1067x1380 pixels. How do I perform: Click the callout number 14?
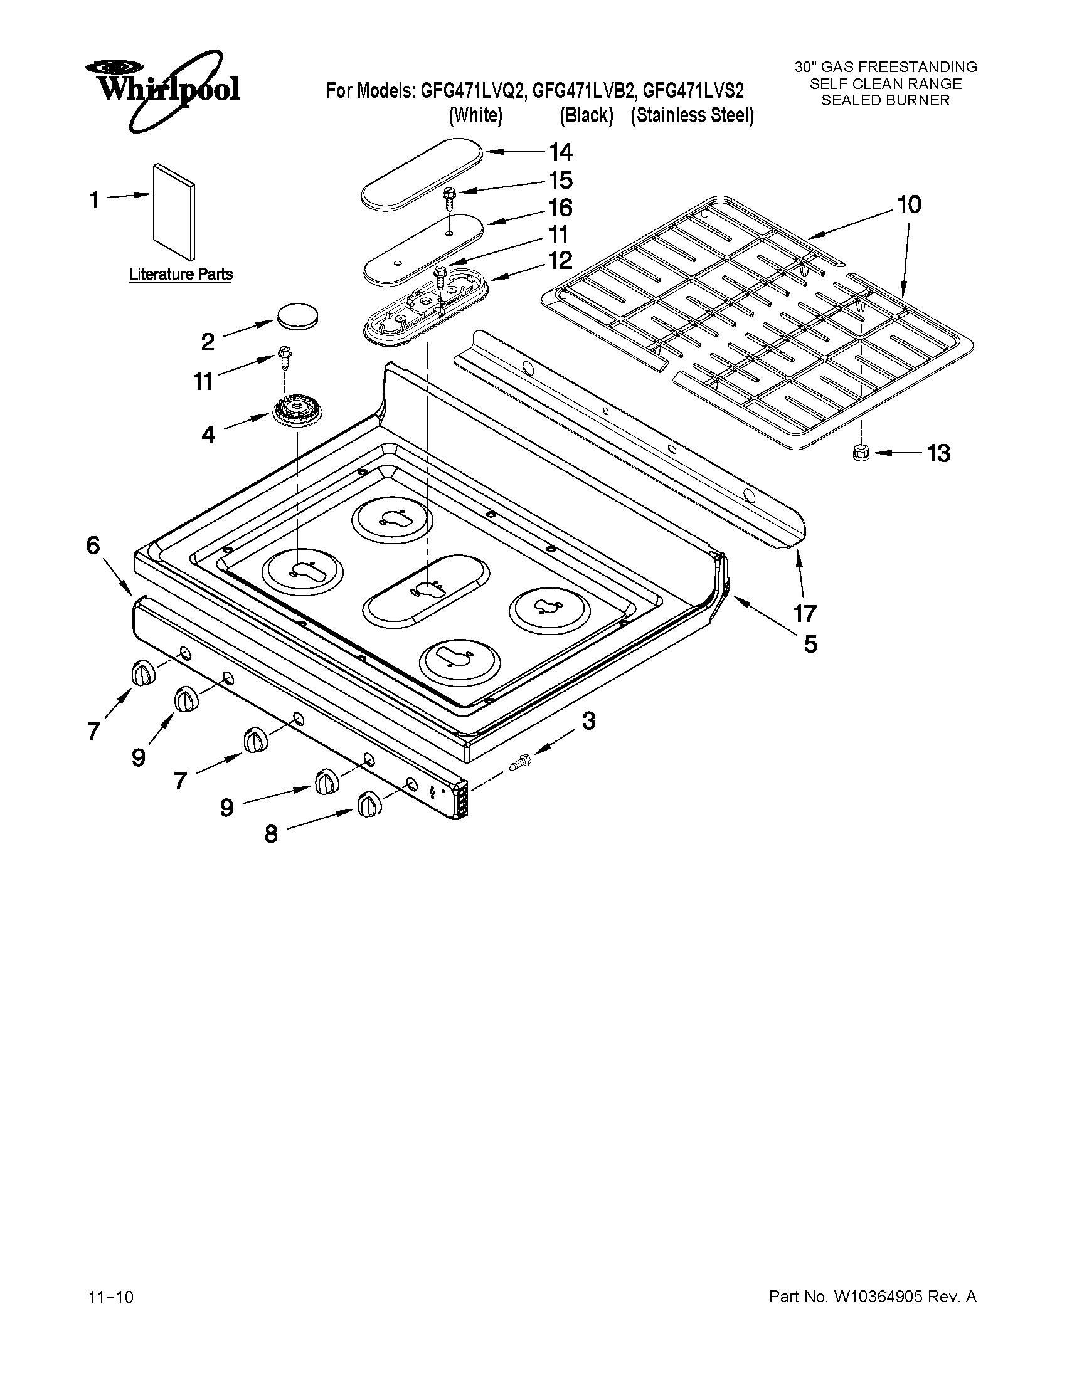coord(560,152)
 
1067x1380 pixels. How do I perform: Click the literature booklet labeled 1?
coord(173,213)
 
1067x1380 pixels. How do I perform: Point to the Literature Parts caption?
coord(181,274)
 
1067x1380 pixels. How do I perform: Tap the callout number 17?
coord(805,613)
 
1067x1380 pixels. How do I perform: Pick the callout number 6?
coord(93,545)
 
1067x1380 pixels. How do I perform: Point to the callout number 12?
coord(560,260)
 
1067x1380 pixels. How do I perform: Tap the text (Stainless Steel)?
coord(692,115)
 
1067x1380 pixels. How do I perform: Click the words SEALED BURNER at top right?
coord(885,100)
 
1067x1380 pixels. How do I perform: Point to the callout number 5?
coord(810,645)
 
